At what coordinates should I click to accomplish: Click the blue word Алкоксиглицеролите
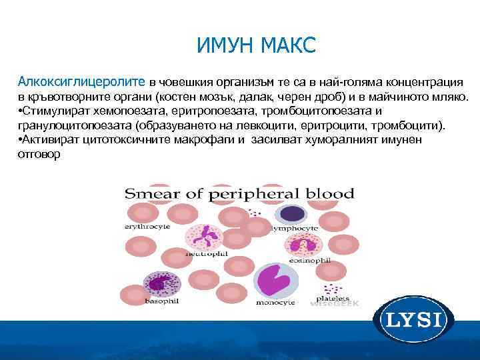82,82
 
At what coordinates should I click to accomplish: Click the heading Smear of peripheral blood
239,195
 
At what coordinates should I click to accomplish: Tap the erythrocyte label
147,227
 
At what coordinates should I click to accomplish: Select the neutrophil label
207,254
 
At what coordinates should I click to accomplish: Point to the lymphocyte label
292,228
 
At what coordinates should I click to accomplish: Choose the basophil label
162,301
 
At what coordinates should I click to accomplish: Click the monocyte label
276,302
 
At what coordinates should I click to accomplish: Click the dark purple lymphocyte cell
291,213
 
